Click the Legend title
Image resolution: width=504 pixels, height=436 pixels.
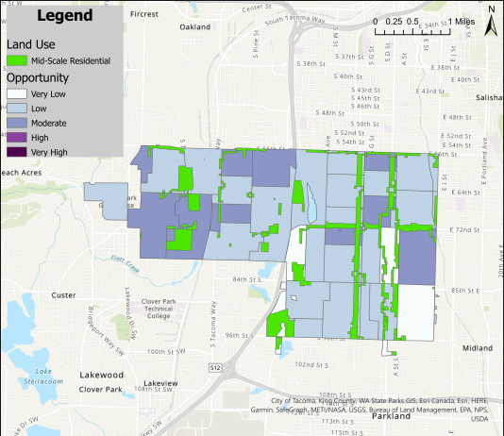(64, 16)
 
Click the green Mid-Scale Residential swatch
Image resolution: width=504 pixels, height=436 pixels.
(17, 60)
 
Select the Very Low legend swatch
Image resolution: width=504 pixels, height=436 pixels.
(17, 94)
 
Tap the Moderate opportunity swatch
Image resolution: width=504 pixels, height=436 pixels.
(17, 123)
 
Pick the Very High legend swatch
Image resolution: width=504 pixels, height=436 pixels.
(17, 151)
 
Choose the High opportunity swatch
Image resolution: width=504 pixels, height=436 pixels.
(17, 137)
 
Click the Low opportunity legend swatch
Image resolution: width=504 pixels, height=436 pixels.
(17, 109)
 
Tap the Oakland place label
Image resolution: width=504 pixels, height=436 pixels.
(194, 27)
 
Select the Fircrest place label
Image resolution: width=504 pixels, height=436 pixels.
(145, 14)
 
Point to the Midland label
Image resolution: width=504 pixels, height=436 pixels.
(478, 347)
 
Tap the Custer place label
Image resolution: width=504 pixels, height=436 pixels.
(64, 295)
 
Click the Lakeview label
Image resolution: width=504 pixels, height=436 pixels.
(160, 383)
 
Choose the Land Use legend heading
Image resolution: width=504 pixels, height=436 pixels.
(27, 43)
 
